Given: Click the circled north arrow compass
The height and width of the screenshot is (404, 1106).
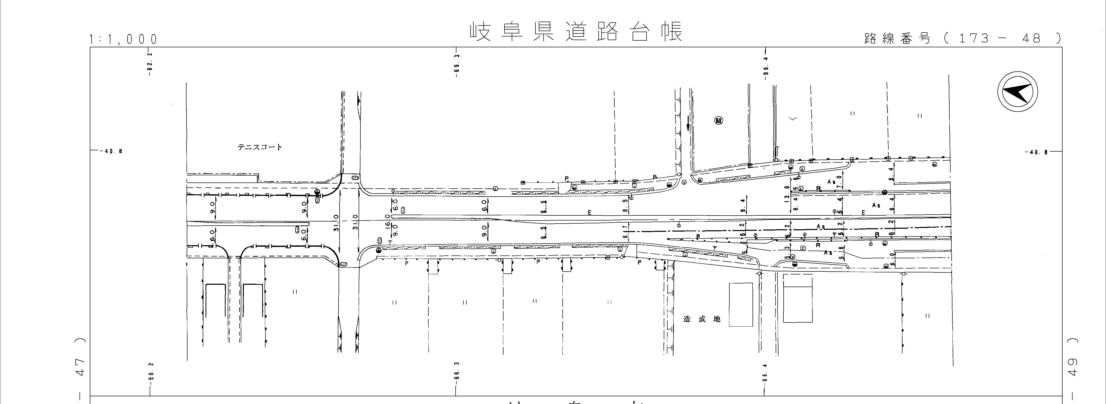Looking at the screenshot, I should [1017, 93].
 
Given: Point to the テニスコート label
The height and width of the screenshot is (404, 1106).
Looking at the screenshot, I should [260, 147].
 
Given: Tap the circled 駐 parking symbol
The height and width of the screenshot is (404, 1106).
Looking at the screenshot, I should [719, 121].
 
